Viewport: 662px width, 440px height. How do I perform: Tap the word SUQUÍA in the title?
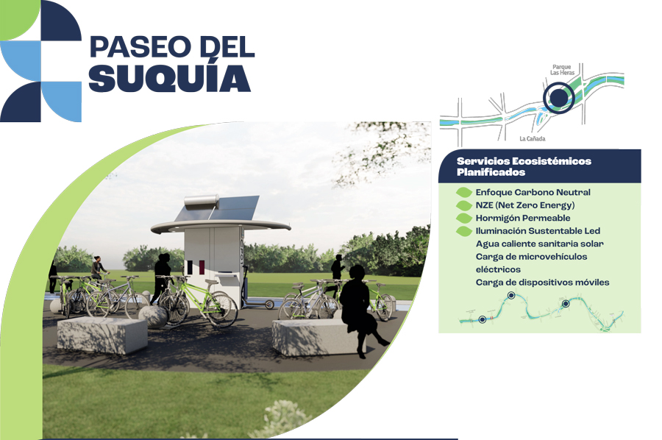click(170, 78)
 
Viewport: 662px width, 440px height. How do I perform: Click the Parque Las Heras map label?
click(562, 70)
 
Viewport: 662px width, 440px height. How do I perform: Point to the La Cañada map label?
click(533, 138)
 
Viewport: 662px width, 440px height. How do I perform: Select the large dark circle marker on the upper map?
click(558, 98)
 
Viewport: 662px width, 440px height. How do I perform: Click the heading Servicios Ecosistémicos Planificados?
click(524, 166)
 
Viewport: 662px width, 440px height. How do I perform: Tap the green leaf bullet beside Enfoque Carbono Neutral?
click(464, 193)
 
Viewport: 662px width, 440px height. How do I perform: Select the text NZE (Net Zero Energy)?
click(525, 205)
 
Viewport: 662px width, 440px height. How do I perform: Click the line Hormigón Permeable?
click(523, 218)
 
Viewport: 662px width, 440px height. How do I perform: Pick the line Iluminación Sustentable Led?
click(538, 231)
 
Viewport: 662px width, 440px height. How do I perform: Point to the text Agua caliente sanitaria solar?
click(540, 244)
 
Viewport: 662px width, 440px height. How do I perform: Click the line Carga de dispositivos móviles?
click(543, 282)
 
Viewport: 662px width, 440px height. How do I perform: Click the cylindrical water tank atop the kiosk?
click(202, 200)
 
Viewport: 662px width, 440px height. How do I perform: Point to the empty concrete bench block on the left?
click(102, 336)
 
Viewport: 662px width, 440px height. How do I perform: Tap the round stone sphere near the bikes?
click(153, 316)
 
